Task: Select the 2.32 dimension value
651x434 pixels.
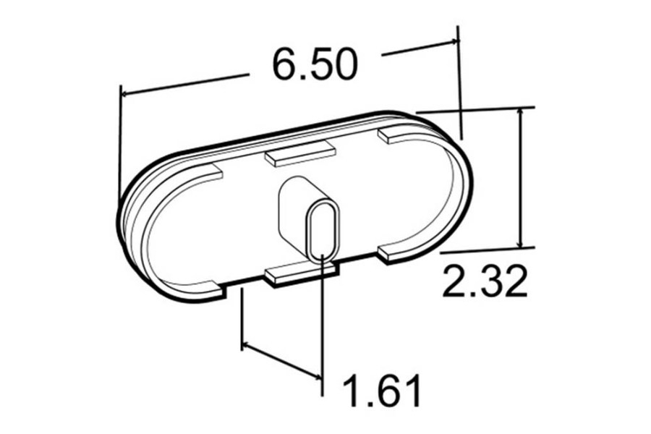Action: (x=483, y=282)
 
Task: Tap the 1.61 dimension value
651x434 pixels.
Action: (x=381, y=391)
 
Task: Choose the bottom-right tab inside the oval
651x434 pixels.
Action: (x=396, y=250)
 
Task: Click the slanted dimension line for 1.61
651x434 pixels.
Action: (x=282, y=359)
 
